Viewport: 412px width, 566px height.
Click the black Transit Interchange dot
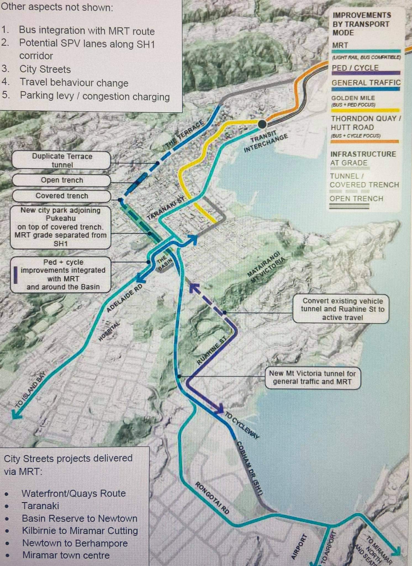coord(262,124)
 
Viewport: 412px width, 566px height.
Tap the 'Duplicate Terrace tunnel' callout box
coord(62,160)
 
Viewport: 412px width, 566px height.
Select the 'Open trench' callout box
coord(62,180)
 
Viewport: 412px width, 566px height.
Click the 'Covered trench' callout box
coord(62,196)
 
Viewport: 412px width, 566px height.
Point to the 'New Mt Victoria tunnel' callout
coord(312,378)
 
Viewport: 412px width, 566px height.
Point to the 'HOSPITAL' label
coord(109,331)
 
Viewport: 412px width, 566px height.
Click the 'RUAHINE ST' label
coord(212,350)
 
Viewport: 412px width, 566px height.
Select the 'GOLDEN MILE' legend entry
coord(353,98)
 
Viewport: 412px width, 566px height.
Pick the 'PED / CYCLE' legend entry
coord(355,68)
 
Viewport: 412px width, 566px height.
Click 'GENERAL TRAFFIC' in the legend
coord(366,83)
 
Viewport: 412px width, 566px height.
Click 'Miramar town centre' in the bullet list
coord(66,555)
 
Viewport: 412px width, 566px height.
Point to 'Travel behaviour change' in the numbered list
coord(74,83)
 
